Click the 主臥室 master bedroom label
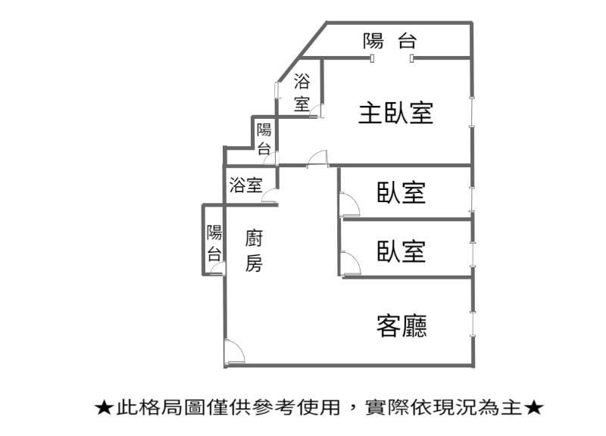395,113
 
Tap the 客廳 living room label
401,326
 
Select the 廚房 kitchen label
254,251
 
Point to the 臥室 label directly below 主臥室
401,192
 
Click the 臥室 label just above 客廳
401,251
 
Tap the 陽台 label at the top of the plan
389,41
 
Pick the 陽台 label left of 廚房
214,243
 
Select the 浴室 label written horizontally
246,185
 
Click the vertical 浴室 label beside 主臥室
301,92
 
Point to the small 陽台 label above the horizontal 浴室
264,139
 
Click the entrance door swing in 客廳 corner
235,353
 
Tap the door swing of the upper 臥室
349,204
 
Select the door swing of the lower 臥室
351,263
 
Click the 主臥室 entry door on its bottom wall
317,159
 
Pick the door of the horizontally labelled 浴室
270,196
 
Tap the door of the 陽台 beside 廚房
217,268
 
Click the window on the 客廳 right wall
472,325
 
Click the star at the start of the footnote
105,408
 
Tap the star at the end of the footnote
534,408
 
